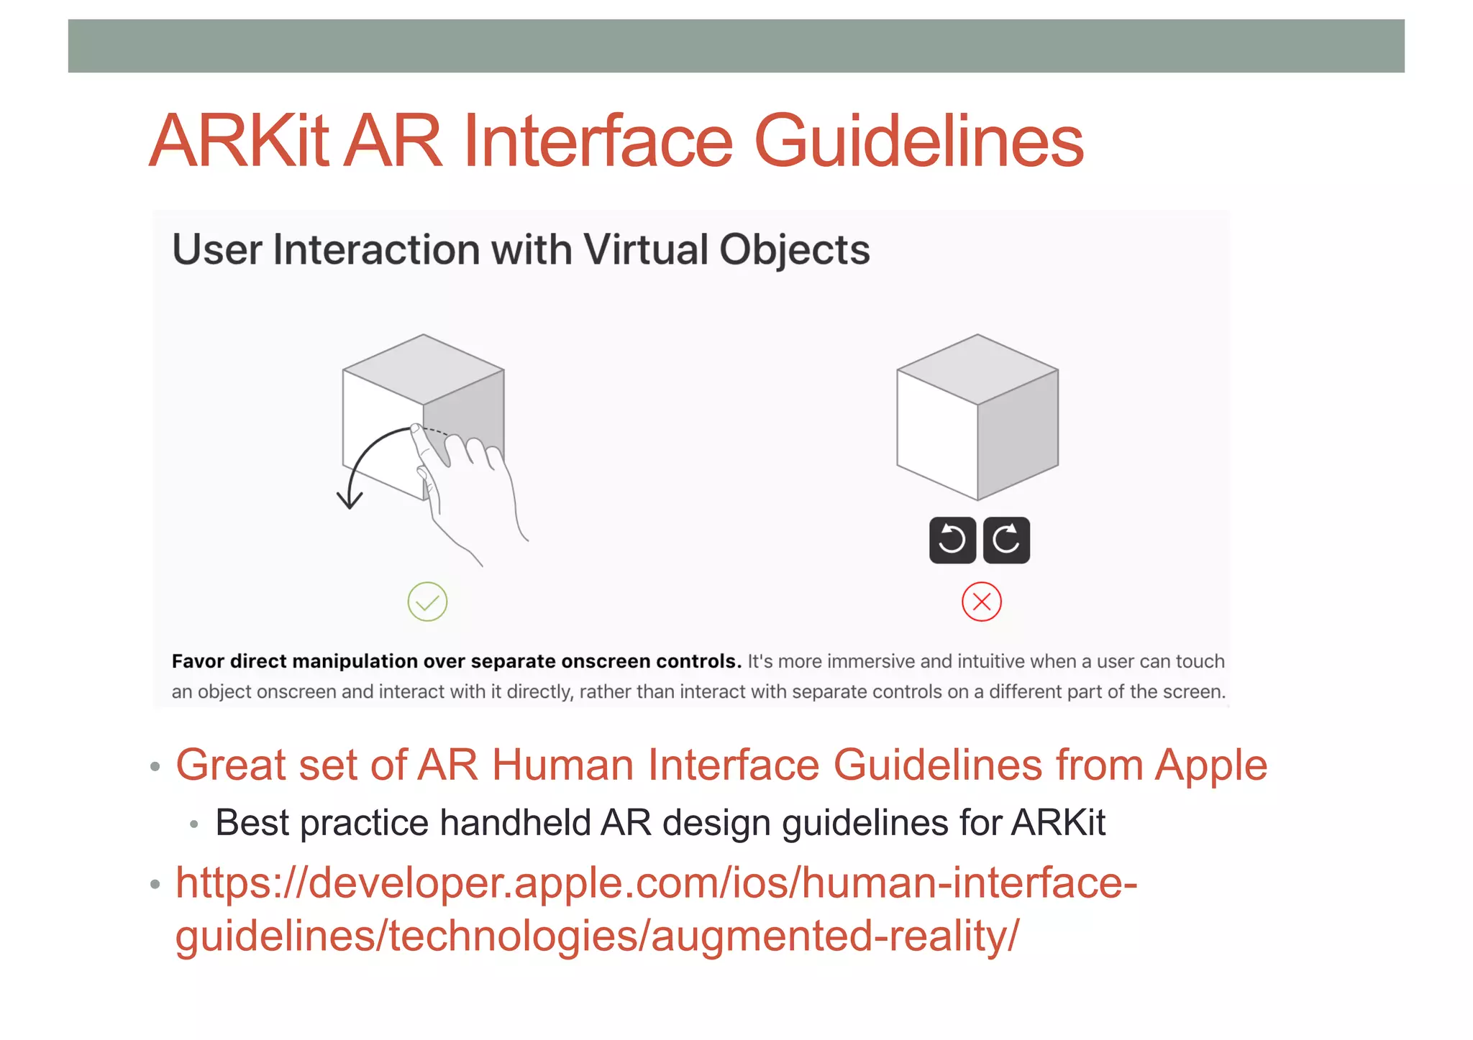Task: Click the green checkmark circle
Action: point(427,602)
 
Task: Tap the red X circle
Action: point(981,602)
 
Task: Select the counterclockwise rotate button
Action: point(952,540)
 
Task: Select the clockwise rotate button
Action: point(1006,540)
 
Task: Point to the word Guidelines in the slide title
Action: point(918,142)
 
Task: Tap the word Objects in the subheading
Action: point(794,250)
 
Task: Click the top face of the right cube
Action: point(977,369)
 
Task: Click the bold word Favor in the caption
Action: point(198,661)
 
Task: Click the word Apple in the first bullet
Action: point(1210,765)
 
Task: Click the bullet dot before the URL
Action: point(155,884)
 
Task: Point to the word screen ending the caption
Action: point(1198,692)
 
